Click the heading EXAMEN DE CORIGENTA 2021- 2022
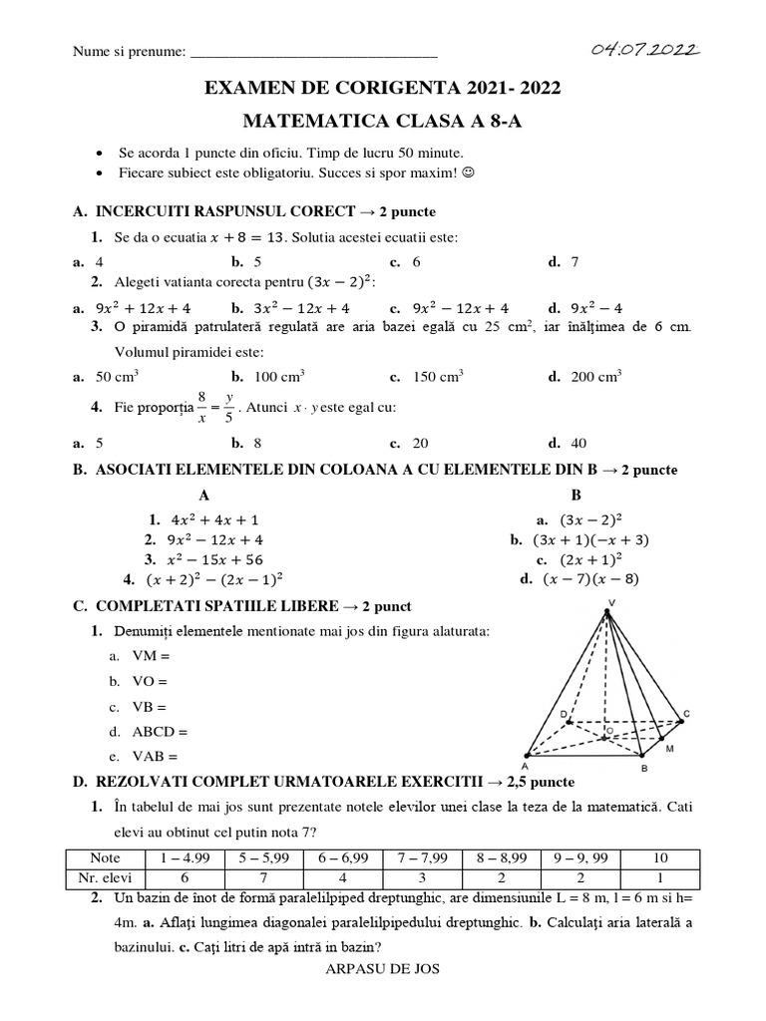pos(382,89)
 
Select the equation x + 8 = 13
pos(248,237)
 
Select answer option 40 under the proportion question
pos(578,444)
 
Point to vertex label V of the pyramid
pos(611,601)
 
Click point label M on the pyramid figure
pos(669,748)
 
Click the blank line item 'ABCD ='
pos(160,731)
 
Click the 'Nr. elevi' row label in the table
pos(104,877)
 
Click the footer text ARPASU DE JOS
pos(383,968)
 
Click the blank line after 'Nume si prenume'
pos(313,52)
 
